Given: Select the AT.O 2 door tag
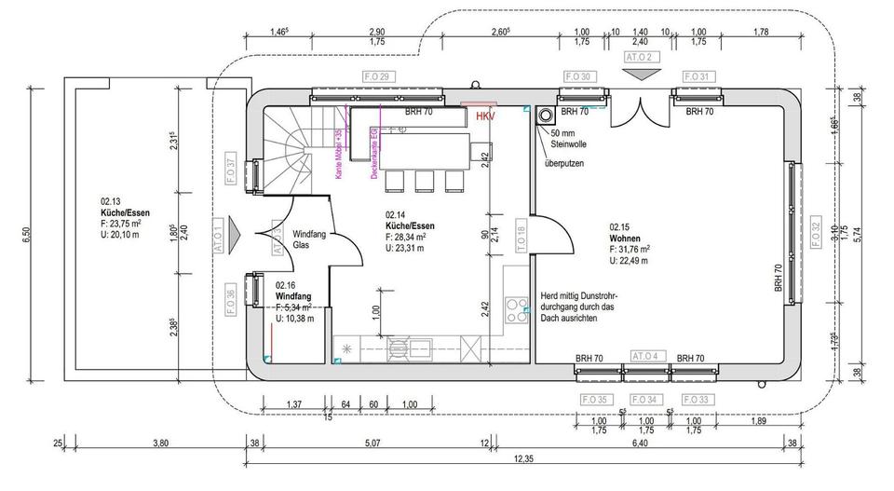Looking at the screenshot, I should (640, 58).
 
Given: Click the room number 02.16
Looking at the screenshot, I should (286, 286).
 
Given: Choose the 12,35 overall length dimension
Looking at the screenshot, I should (521, 458).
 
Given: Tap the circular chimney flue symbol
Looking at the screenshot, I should (545, 117).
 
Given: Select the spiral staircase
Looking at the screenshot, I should (296, 149).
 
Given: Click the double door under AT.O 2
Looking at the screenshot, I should (640, 115).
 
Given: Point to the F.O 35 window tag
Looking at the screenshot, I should (600, 400).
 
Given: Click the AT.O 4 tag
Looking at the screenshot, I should (646, 356).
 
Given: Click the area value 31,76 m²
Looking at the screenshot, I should (630, 249).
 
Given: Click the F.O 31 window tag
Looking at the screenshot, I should (698, 76).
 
